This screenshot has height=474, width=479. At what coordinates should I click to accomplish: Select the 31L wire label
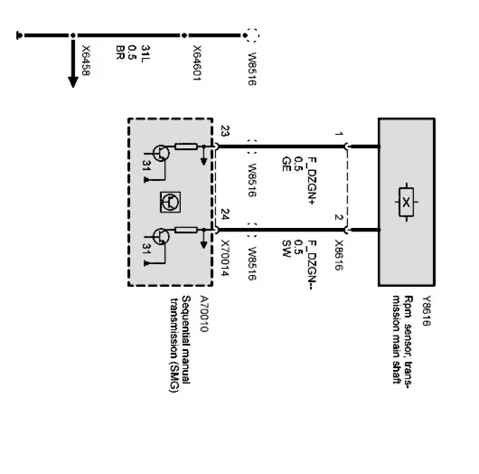point(145,52)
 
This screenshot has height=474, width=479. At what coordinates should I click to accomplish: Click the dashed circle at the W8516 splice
point(251,35)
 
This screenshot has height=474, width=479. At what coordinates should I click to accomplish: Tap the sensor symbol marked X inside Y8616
point(407,201)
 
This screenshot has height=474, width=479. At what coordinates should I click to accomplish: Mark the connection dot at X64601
point(184,35)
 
